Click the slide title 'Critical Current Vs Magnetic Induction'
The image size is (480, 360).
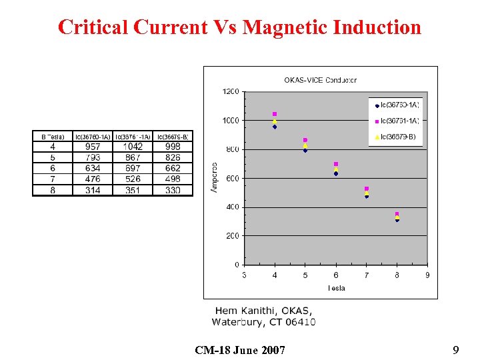(239, 27)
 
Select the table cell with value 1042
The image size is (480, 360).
(133, 147)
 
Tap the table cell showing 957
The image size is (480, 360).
(93, 147)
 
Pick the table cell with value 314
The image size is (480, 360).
(93, 190)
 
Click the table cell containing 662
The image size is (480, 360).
(173, 169)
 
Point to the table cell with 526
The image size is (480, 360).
(133, 179)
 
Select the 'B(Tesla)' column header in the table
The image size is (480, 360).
(53, 137)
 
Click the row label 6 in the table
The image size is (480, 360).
(53, 169)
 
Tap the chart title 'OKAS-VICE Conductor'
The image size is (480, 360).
(320, 80)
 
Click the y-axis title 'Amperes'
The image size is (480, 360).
(215, 178)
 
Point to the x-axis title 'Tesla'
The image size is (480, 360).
(336, 288)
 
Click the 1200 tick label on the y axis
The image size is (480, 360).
(231, 91)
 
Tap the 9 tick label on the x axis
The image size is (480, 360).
(427, 275)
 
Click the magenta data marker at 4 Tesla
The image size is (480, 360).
(275, 115)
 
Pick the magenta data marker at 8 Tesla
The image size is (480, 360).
(397, 214)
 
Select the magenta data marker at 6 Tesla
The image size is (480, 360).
(336, 164)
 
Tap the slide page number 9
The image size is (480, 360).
(455, 349)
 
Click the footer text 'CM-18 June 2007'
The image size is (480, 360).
(240, 350)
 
